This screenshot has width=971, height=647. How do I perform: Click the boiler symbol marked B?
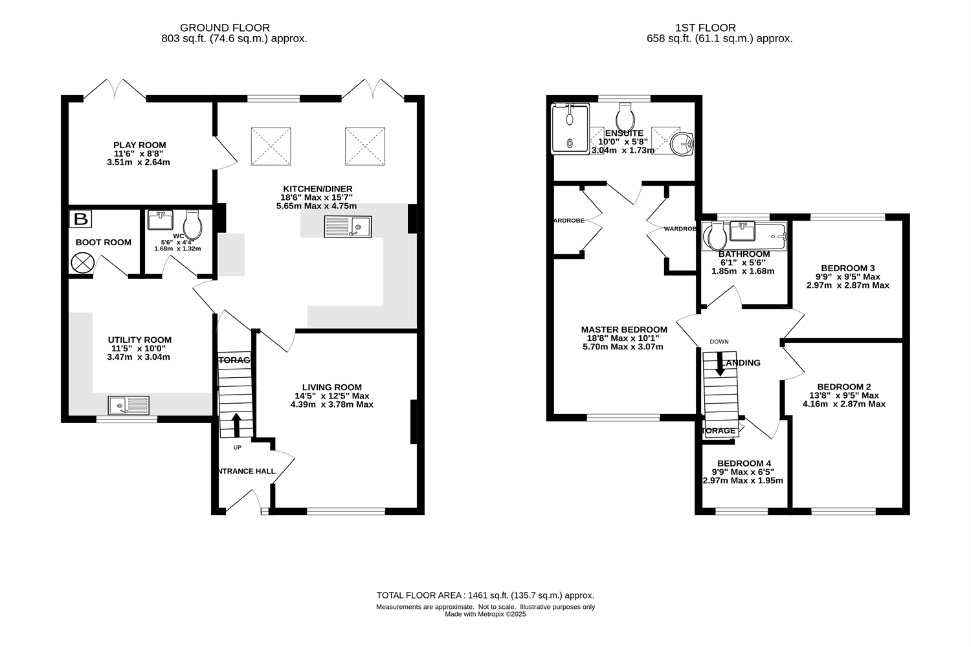pyautogui.click(x=80, y=219)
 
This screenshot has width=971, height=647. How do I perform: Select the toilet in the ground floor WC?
pyautogui.click(x=194, y=224)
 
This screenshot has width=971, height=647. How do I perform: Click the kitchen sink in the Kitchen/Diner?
pyautogui.click(x=348, y=226)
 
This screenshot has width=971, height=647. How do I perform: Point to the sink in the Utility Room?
pyautogui.click(x=129, y=406)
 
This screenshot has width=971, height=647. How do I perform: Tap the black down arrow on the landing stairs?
pyautogui.click(x=719, y=364)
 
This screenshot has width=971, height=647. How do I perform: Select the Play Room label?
pyautogui.click(x=139, y=146)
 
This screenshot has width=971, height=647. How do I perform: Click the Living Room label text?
pyautogui.click(x=331, y=388)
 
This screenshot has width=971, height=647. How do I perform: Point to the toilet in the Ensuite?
pyautogui.click(x=625, y=118)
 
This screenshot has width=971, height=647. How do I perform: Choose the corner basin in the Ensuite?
pyautogui.click(x=682, y=144)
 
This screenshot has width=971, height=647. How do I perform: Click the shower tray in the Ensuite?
pyautogui.click(x=570, y=129)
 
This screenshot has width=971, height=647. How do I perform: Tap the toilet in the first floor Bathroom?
pyautogui.click(x=715, y=236)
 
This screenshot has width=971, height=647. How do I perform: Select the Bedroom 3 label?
pyautogui.click(x=847, y=268)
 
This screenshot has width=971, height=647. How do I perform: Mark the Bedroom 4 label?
pyautogui.click(x=744, y=463)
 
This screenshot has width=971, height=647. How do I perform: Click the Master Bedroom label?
pyautogui.click(x=623, y=329)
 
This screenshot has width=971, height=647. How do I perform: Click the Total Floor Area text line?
pyautogui.click(x=485, y=595)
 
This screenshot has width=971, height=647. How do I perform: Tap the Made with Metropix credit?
pyautogui.click(x=485, y=615)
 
